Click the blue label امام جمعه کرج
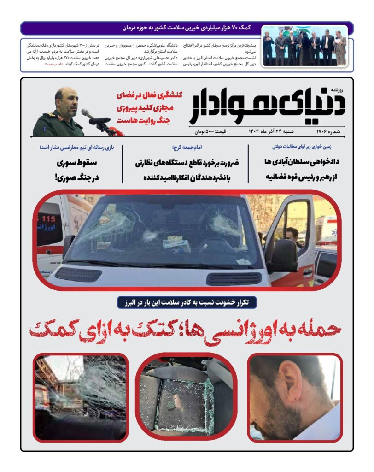[185, 147]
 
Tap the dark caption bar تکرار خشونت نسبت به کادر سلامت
[187, 303]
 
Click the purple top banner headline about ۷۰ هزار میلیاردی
[186, 28]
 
